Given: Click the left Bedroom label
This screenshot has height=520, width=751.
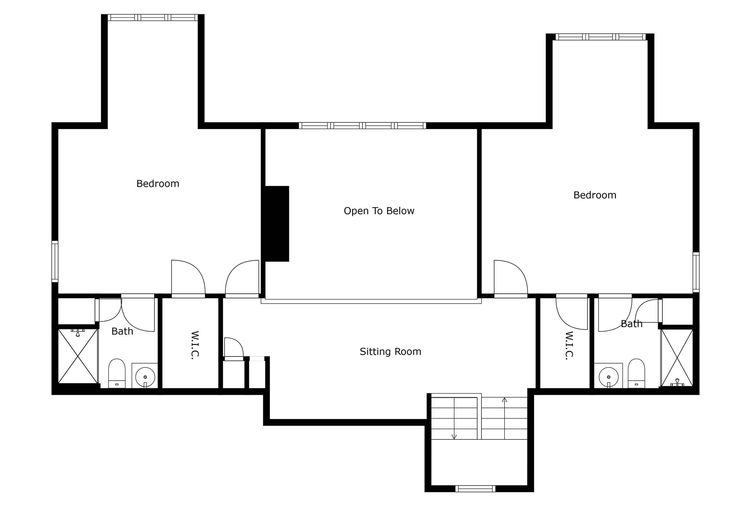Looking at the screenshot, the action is [158, 184].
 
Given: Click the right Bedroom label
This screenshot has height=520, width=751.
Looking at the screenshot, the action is [595, 195].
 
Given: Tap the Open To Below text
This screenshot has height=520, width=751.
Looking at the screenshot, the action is [379, 211].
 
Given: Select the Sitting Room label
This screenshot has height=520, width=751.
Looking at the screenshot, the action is [390, 351].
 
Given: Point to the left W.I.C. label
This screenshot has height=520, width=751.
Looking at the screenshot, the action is [195, 345].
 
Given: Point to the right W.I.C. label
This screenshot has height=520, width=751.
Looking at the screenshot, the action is [568, 345].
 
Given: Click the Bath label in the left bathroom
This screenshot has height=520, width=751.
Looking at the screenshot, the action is [122, 331].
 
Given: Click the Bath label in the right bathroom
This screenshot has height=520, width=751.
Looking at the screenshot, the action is [631, 324].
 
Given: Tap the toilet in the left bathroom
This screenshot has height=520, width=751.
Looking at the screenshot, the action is [117, 373].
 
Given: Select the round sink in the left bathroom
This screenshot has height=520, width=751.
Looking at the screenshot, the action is [145, 377].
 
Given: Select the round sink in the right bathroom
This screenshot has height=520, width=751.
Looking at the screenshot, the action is [608, 377].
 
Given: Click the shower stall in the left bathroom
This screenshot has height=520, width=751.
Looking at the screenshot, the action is [78, 356].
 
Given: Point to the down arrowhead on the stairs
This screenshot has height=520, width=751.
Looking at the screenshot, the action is [454, 437].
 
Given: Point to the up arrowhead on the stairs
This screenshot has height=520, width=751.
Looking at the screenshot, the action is [505, 400].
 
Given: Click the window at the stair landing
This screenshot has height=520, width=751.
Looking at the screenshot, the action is [475, 489].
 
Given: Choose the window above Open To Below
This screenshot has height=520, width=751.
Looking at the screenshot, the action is [362, 125].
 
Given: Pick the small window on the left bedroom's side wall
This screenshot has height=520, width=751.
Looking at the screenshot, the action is [55, 261].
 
